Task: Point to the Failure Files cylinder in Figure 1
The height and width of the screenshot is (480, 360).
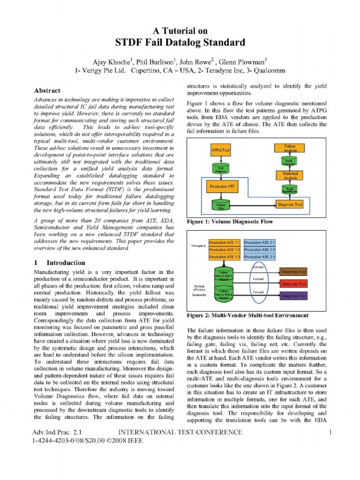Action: (220, 205)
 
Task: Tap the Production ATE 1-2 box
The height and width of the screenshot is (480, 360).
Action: (225, 250)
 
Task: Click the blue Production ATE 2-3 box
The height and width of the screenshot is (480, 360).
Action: (260, 257)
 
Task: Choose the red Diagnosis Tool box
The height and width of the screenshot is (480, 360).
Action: (294, 284)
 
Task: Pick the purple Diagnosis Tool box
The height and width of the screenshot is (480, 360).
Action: (294, 296)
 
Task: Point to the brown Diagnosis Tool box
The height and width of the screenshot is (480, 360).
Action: (294, 272)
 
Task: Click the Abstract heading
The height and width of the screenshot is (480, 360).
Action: (47, 90)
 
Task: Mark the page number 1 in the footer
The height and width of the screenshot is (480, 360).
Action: (330, 432)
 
